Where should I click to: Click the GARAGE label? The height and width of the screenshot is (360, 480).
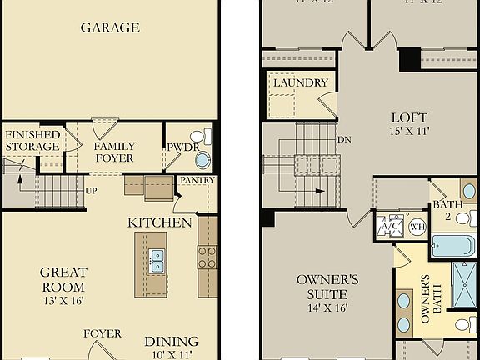(x=109, y=27)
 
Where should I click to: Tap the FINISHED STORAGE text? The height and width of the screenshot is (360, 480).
(x=32, y=140)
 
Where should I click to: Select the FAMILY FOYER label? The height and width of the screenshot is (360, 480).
(x=114, y=152)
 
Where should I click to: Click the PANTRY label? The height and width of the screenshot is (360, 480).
(x=197, y=180)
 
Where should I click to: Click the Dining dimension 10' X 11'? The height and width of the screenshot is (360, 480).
(x=171, y=355)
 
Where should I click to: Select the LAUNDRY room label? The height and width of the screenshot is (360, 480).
(x=300, y=82)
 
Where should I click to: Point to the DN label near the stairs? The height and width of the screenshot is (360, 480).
(x=342, y=140)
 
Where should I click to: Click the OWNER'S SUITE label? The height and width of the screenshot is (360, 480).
(x=327, y=286)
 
